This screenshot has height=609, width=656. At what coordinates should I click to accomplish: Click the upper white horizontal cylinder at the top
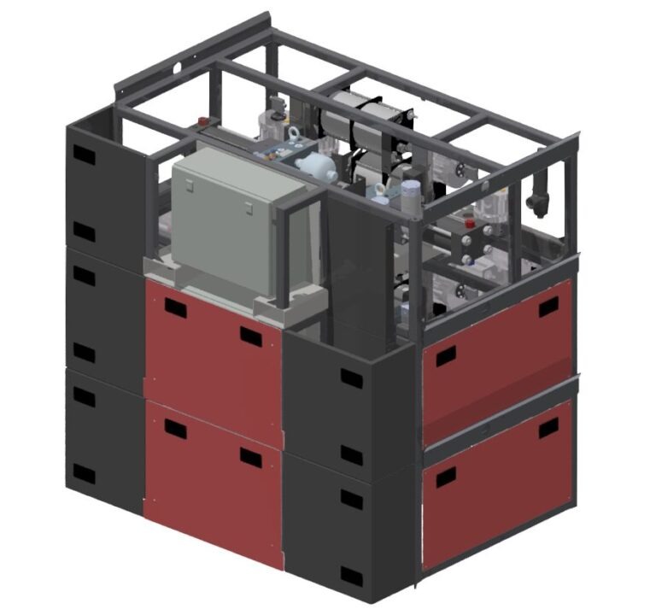point(359,106)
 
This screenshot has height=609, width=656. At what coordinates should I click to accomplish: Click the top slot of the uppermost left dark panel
point(85,154)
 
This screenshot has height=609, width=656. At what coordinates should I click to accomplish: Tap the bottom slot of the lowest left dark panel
point(85,472)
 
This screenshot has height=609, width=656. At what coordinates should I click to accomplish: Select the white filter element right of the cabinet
point(318,166)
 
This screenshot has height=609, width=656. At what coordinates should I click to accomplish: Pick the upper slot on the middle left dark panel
point(85,275)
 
